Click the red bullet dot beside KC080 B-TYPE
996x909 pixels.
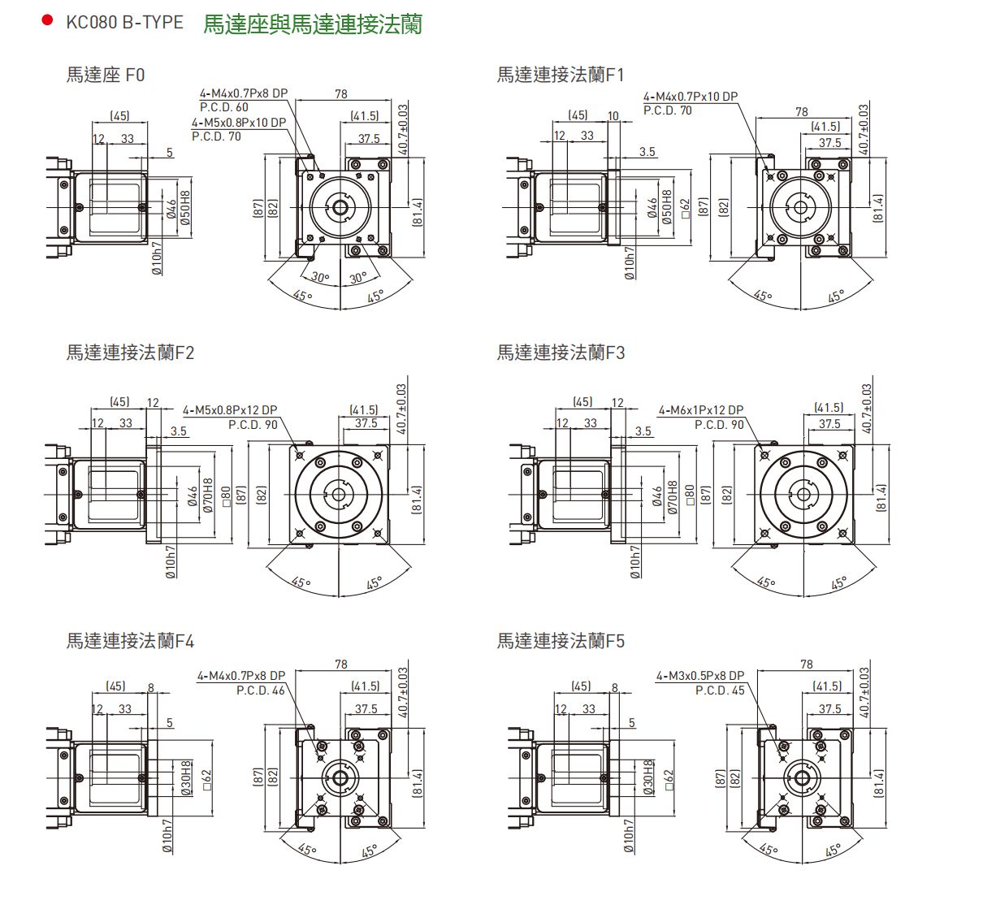click(47, 20)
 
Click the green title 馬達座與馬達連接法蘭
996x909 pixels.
click(313, 24)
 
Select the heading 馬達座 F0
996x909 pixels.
click(106, 75)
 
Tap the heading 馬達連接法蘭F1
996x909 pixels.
click(561, 75)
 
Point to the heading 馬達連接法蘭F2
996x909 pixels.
click(130, 353)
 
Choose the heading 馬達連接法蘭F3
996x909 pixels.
click(561, 353)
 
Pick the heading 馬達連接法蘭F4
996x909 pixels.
click(130, 641)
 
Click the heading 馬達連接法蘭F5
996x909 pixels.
click(561, 641)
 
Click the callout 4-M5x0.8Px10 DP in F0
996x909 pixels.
click(239, 123)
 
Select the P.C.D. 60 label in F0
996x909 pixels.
click(224, 107)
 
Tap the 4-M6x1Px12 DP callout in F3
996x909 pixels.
click(700, 410)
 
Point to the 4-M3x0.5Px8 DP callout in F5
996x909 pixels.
click(699, 676)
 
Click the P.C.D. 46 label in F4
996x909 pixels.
click(261, 690)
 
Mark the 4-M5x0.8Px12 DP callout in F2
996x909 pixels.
click(230, 410)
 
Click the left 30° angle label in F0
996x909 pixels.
click(321, 278)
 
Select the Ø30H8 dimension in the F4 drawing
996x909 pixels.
click(186, 778)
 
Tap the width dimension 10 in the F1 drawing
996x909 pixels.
click(613, 116)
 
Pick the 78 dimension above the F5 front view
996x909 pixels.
click(806, 664)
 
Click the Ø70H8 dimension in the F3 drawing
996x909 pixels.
click(673, 498)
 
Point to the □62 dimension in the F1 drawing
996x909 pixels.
click(685, 208)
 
